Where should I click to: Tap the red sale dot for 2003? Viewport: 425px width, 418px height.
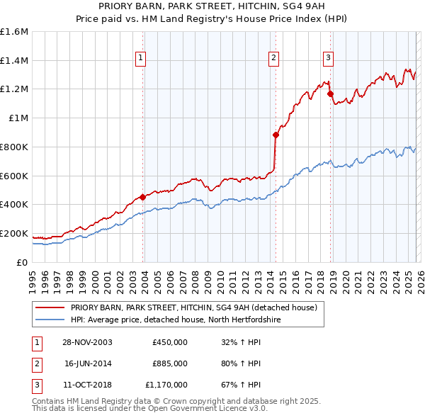point(143,197)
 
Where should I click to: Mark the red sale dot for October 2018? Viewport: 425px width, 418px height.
point(330,93)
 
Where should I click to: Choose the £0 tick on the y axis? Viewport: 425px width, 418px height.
point(23,262)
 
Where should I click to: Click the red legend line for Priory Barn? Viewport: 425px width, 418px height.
point(50,308)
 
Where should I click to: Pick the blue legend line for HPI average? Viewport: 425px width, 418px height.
point(50,320)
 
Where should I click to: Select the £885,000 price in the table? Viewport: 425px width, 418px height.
point(170,363)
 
